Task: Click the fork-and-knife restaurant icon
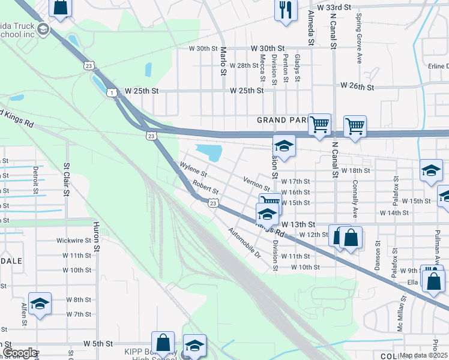pyautogui.click(x=285, y=10)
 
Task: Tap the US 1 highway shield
pyautogui.click(x=112, y=92)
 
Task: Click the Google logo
pyautogui.click(x=19, y=353)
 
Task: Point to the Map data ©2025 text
pyautogui.click(x=424, y=355)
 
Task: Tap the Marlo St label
pyautogui.click(x=223, y=61)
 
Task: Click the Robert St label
pyautogui.click(x=205, y=188)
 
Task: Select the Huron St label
pyautogui.click(x=95, y=237)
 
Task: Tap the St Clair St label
pyautogui.click(x=66, y=175)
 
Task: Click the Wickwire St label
pyautogui.click(x=74, y=240)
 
